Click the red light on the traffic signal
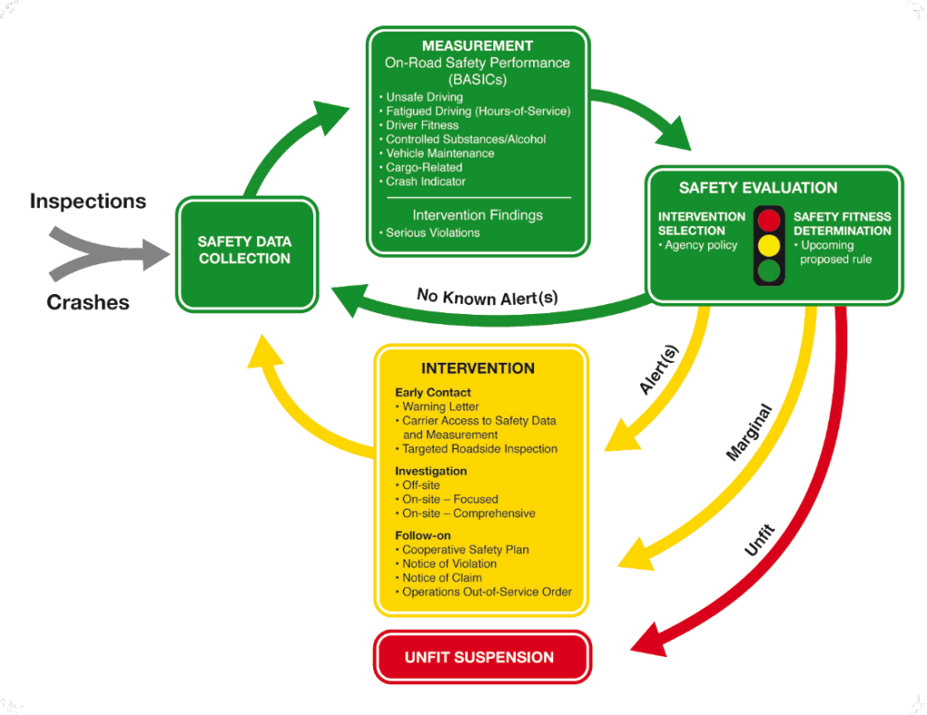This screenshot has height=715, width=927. (769, 221)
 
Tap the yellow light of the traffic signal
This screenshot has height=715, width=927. (769, 245)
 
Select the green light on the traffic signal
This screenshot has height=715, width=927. (769, 270)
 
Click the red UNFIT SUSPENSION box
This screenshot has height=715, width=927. (479, 657)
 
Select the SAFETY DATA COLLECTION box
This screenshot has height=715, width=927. (244, 251)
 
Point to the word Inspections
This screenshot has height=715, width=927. (88, 200)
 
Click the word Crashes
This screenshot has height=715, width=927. (88, 302)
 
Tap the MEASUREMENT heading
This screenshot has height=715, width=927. (477, 45)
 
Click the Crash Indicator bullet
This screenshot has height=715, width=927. (425, 181)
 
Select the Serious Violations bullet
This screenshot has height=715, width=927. (433, 233)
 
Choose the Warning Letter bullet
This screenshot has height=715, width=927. (440, 406)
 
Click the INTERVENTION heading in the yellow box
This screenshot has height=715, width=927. (478, 368)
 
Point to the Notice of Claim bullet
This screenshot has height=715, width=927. (442, 577)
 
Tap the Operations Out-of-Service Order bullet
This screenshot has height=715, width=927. (487, 592)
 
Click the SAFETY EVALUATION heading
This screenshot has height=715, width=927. (758, 188)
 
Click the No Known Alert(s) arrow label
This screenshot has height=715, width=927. (487, 296)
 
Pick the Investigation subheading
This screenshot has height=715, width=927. (431, 471)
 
